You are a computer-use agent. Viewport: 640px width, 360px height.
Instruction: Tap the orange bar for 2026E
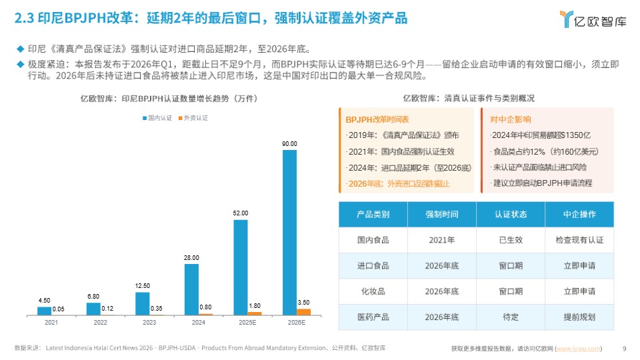tap(303, 311)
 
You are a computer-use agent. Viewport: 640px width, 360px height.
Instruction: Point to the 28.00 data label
tap(191, 257)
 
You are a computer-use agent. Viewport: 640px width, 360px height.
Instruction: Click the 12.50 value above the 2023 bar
tap(142, 286)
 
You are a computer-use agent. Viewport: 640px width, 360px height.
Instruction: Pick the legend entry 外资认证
tap(193, 118)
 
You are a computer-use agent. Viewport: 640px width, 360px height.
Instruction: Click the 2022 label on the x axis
tap(100, 323)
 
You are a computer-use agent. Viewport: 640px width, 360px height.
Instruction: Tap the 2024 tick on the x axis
tap(198, 323)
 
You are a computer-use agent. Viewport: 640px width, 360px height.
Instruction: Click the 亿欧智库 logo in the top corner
tap(593, 19)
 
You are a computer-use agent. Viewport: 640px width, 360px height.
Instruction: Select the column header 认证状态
tap(510, 215)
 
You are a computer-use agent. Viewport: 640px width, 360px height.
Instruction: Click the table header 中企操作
tap(579, 215)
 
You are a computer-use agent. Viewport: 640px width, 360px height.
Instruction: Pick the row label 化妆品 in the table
tap(373, 291)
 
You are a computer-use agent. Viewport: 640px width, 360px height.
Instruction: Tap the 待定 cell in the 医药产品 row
tap(510, 317)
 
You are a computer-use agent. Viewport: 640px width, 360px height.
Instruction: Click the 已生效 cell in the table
tap(510, 240)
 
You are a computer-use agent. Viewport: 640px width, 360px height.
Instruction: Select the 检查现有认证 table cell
tap(579, 240)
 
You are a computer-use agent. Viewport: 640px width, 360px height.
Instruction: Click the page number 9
tap(623, 348)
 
